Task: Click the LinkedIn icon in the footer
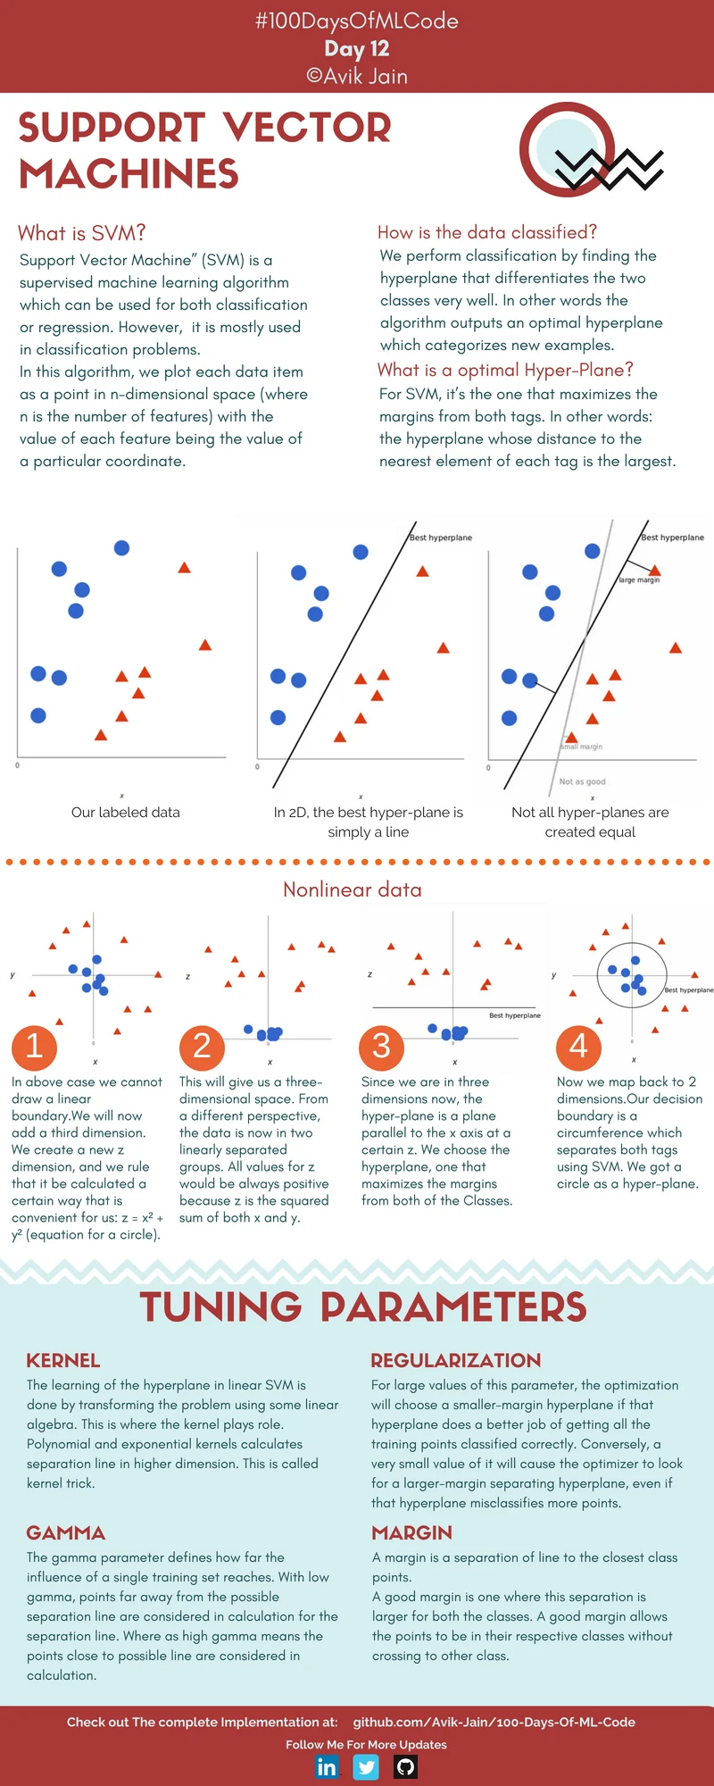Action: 328,1767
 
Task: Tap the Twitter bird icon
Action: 366,1767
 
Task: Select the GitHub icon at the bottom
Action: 405,1767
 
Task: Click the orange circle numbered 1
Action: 34,1046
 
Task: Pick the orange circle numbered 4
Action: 578,1046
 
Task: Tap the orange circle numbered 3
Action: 381,1046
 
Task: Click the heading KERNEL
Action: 62,1361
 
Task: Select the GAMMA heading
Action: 65,1533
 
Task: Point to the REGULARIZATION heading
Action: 455,1361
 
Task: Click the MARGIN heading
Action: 411,1533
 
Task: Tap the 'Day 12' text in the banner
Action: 356,49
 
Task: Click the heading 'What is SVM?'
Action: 81,233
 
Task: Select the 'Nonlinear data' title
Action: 352,889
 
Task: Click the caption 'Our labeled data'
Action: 125,813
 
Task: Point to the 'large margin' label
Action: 639,580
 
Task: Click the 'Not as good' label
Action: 582,781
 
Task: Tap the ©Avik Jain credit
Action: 356,77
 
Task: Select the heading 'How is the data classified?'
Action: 486,232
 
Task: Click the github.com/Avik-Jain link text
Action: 494,1722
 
